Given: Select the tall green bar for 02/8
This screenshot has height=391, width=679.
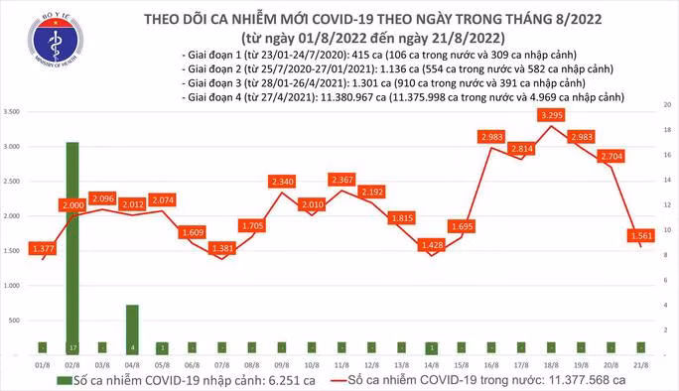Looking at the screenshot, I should tap(72, 247).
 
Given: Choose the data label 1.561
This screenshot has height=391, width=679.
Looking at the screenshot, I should tap(641, 235).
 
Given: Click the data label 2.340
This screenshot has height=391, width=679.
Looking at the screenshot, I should tap(282, 182).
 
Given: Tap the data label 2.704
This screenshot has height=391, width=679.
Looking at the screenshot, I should tap(612, 156).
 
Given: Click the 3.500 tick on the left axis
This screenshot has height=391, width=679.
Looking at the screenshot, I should tap(13, 112).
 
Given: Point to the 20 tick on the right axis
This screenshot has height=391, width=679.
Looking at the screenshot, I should tap(667, 104).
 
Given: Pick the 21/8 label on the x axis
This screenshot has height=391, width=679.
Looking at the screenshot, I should tap(641, 363).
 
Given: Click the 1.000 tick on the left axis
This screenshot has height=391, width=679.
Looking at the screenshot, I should tap(13, 285).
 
